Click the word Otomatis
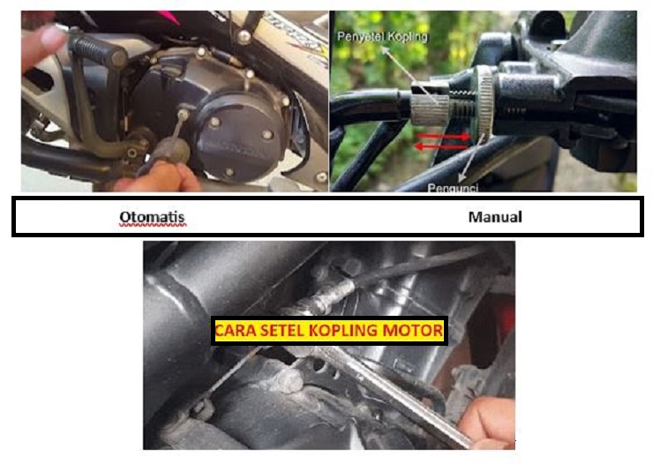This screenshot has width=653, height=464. [153, 217]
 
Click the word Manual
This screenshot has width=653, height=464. [495, 216]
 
